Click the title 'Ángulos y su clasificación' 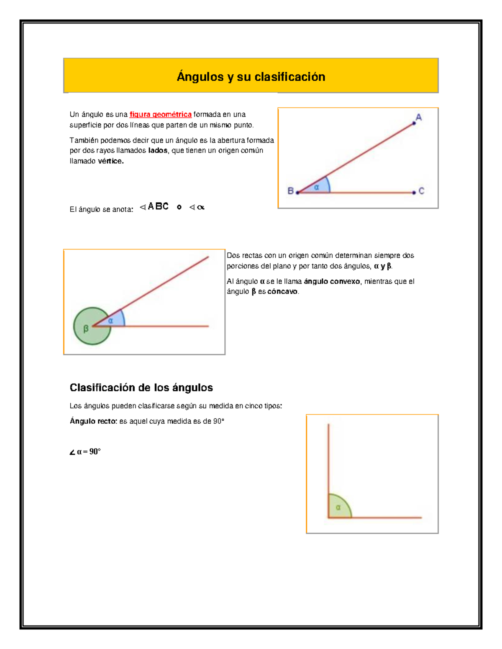click(251, 77)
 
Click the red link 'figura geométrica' click(160, 115)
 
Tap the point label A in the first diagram click(418, 117)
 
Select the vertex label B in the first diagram click(290, 191)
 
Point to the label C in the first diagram click(421, 191)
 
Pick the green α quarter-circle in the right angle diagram click(338, 508)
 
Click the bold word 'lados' click(158, 150)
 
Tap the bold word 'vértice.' click(110, 161)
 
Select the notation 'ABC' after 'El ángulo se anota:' click(158, 206)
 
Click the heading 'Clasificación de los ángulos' click(141, 388)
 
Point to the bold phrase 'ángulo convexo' click(332, 282)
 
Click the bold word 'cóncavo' click(282, 292)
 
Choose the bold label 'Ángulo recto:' click(93, 421)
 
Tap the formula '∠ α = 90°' click(85, 452)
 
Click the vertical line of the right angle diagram click(328, 460)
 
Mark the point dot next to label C click(414, 193)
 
